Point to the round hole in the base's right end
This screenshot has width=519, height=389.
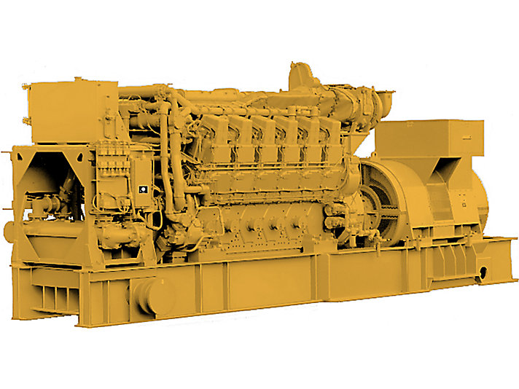(x=483, y=275)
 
